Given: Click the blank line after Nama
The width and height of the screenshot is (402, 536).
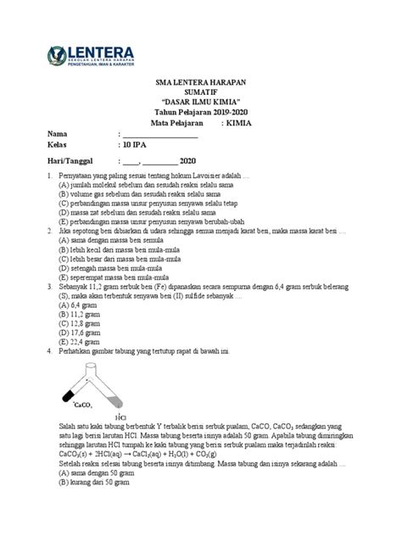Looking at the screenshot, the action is coord(160,135).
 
